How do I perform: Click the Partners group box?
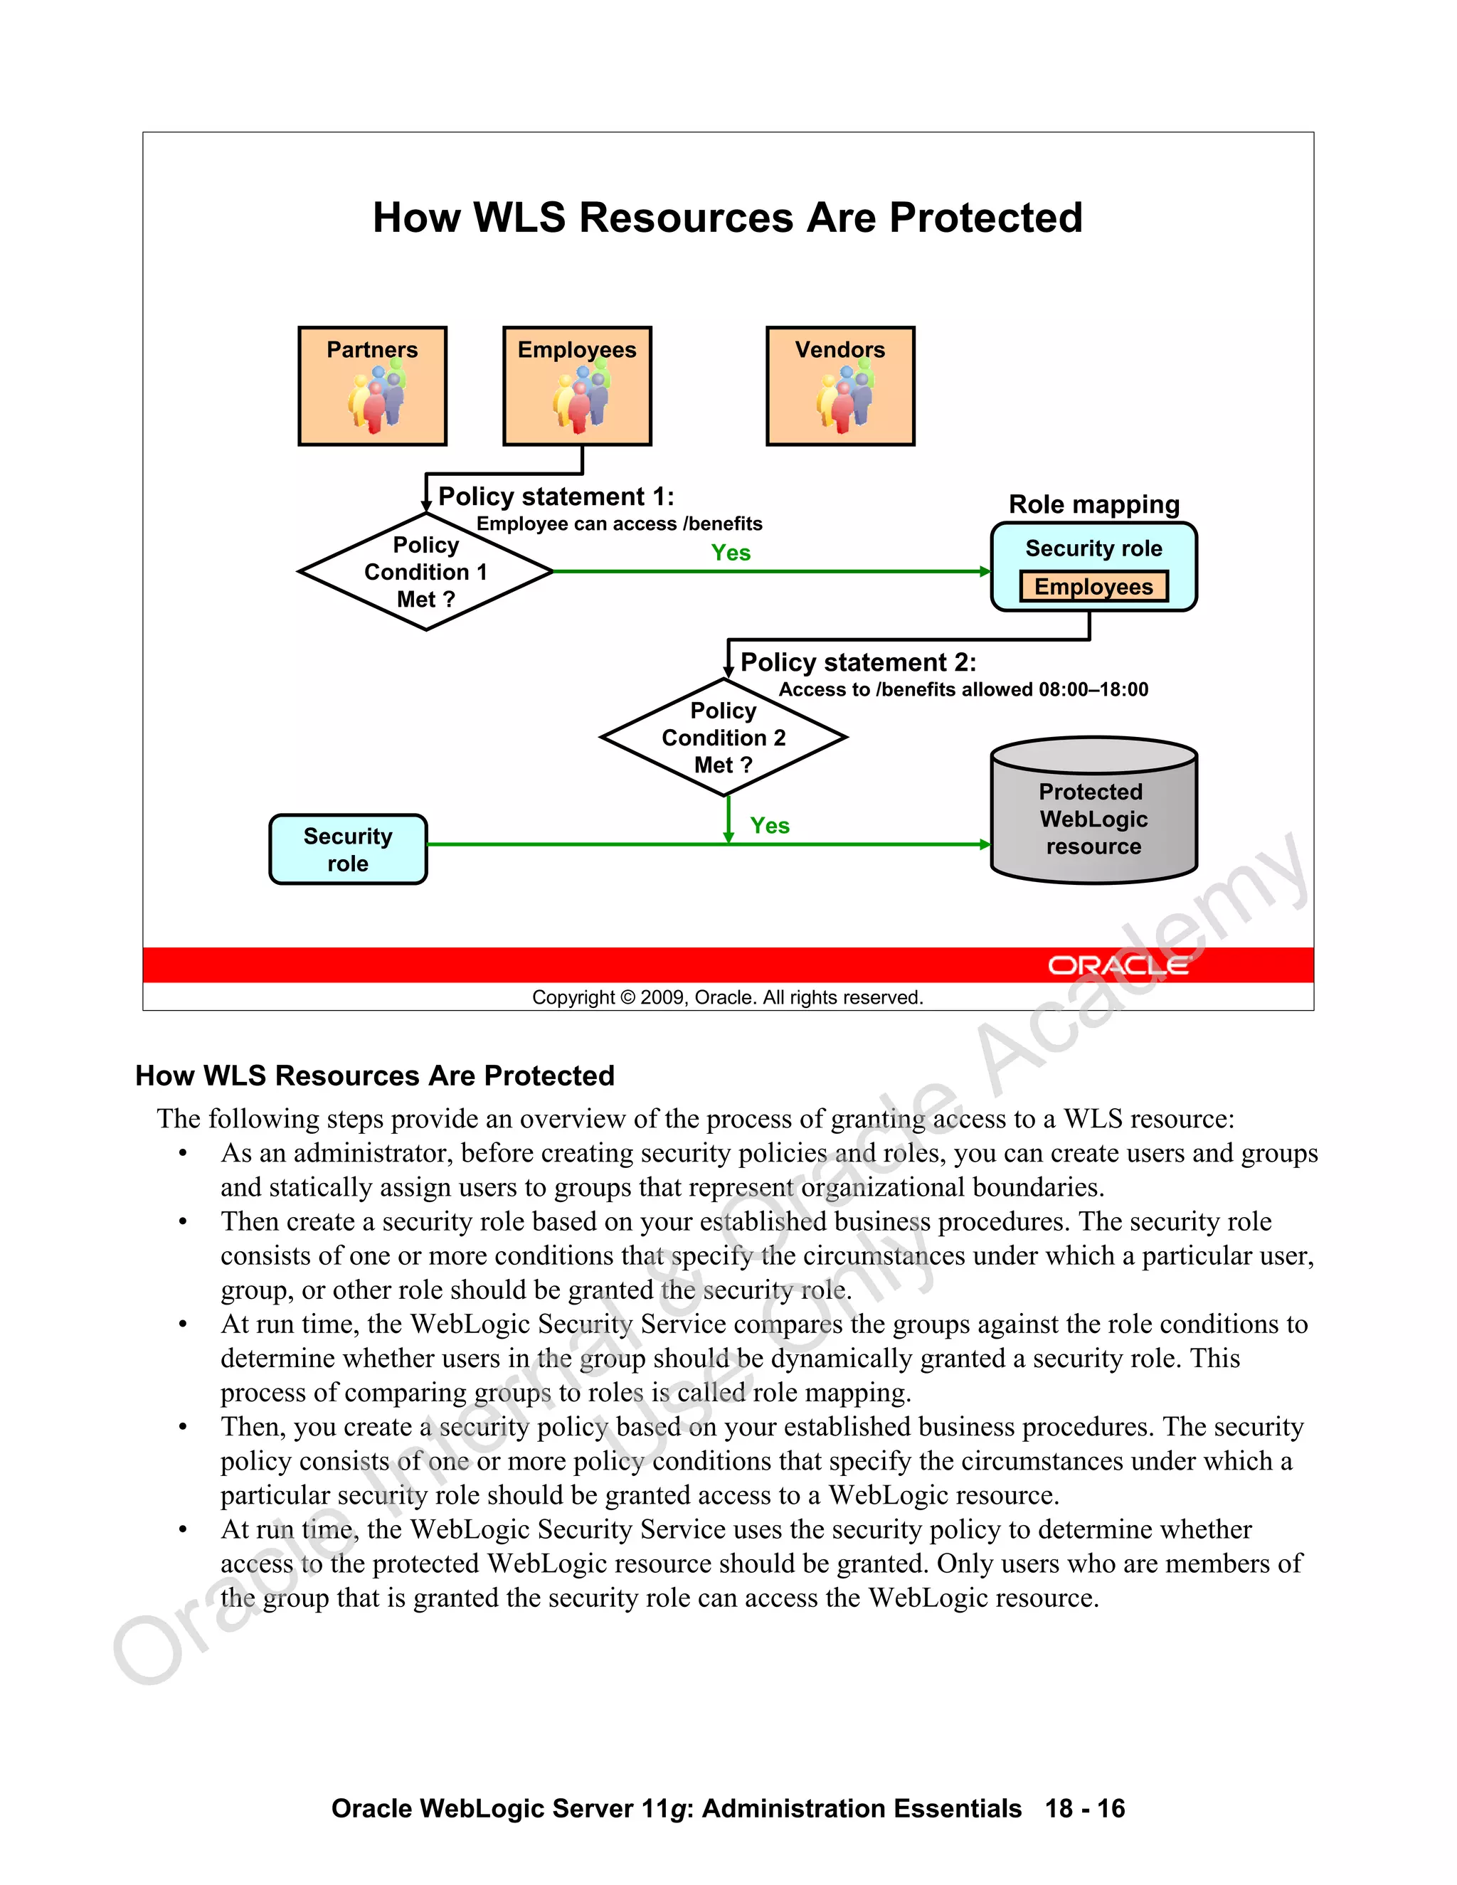point(372,386)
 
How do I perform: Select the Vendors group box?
point(840,386)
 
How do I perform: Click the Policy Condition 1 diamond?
point(425,571)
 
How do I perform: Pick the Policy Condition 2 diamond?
point(724,737)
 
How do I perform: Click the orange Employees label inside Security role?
point(1093,587)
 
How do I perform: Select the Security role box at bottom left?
point(348,849)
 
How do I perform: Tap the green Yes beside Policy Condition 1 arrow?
point(730,553)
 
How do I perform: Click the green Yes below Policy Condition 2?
point(769,826)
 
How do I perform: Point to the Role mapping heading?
point(1093,504)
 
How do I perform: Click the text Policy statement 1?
point(556,497)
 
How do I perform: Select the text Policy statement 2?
point(858,662)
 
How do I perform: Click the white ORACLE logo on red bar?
point(1118,965)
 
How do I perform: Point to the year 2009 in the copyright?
point(663,998)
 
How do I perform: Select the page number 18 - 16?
point(1085,1808)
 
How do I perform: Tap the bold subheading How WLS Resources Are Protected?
point(375,1076)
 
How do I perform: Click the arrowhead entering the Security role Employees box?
point(986,571)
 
